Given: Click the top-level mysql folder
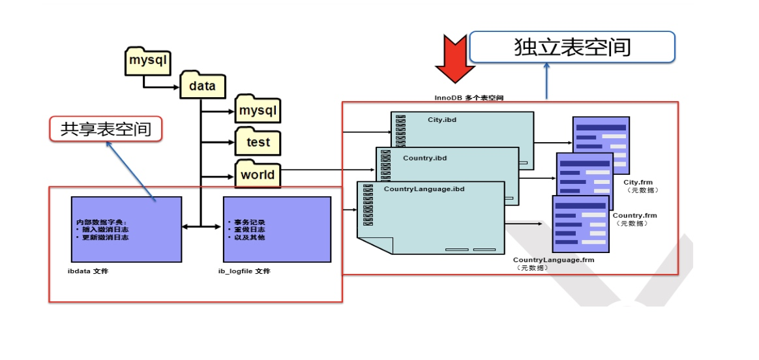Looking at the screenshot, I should [x=148, y=62].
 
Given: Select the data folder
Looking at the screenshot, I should [x=202, y=85].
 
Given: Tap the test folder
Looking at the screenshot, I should [x=258, y=142].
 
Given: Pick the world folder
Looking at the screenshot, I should [x=258, y=175].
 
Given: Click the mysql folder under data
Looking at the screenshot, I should [x=258, y=111].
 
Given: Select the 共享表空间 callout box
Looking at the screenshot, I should [x=106, y=129].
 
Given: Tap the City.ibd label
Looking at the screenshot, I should [x=441, y=121].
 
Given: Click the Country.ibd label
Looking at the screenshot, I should [x=424, y=158].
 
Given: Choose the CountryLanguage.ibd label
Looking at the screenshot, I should [x=423, y=189].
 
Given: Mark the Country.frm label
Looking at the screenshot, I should [x=634, y=215].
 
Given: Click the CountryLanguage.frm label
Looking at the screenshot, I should [x=554, y=260].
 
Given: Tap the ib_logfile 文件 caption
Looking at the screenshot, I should [x=244, y=271].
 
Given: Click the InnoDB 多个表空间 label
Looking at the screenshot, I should [x=469, y=97].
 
